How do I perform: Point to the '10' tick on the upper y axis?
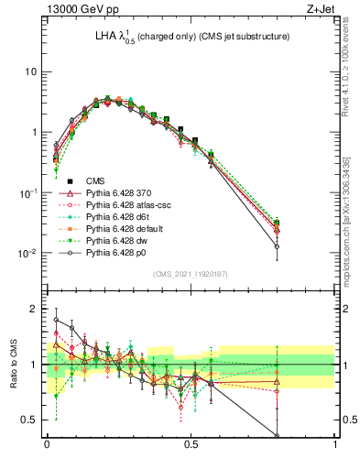click(x=30, y=71)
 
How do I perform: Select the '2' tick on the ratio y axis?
click(x=35, y=309)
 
